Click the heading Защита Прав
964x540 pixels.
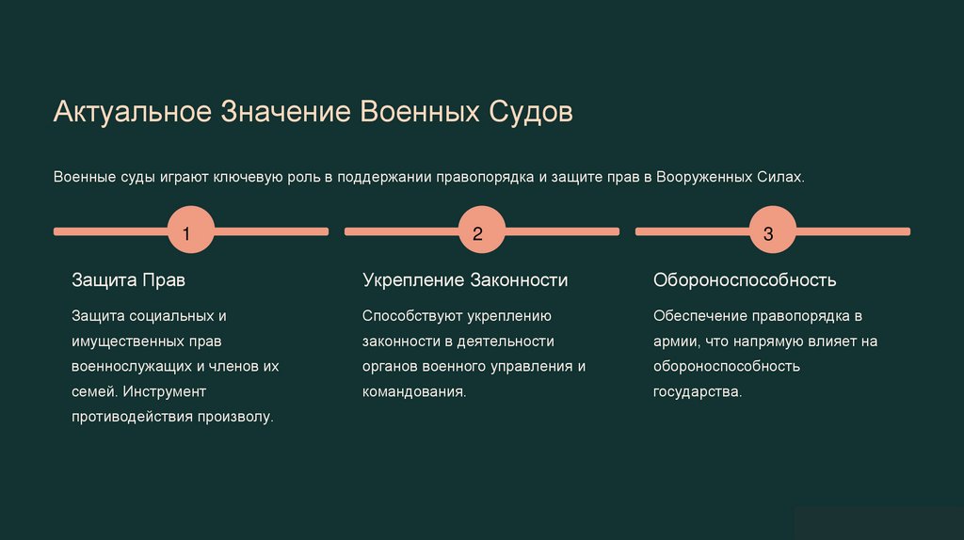(129, 280)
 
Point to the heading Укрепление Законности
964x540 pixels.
(465, 280)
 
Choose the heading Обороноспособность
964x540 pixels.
(745, 280)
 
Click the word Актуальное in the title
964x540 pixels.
(133, 113)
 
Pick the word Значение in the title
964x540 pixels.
(285, 113)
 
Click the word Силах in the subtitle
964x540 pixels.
(779, 177)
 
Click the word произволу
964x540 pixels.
(235, 415)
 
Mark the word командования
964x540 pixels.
(414, 390)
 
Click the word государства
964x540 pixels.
(698, 390)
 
